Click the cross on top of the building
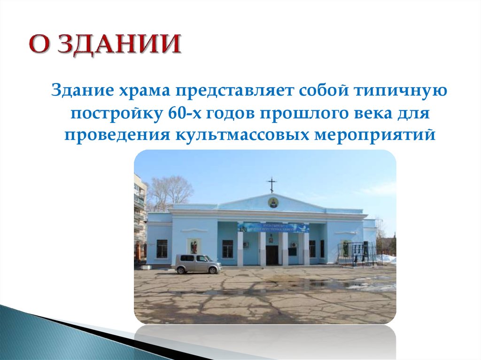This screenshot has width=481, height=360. pos(271,184)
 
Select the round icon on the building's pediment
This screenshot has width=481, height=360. pos(272,203)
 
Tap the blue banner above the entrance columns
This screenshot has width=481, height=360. pos(274,228)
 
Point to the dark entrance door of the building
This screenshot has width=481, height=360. pos(272,254)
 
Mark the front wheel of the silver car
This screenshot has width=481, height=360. pos(216,270)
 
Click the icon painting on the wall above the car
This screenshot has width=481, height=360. pos(194,246)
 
